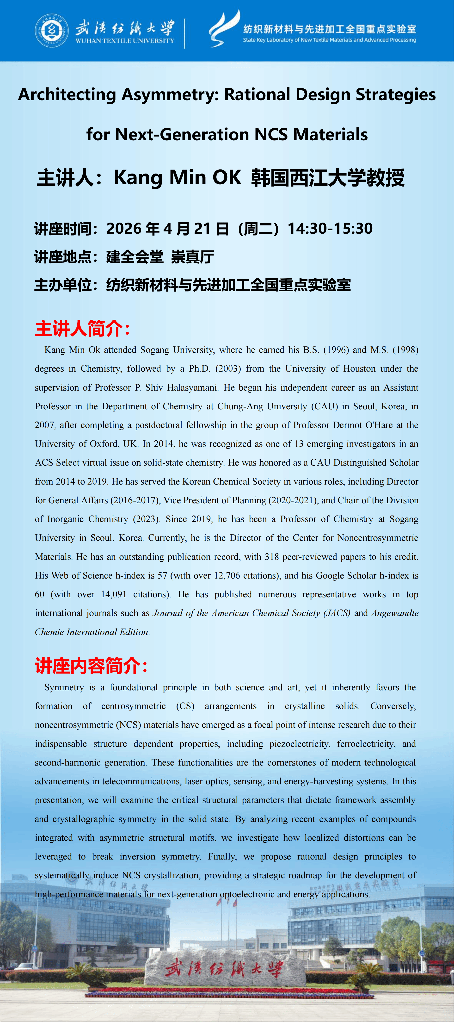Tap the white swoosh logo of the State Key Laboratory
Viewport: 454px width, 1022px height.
[x=224, y=29]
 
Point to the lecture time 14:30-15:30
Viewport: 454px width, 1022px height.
[x=330, y=229]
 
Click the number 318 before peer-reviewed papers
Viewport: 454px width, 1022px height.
[x=272, y=557]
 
